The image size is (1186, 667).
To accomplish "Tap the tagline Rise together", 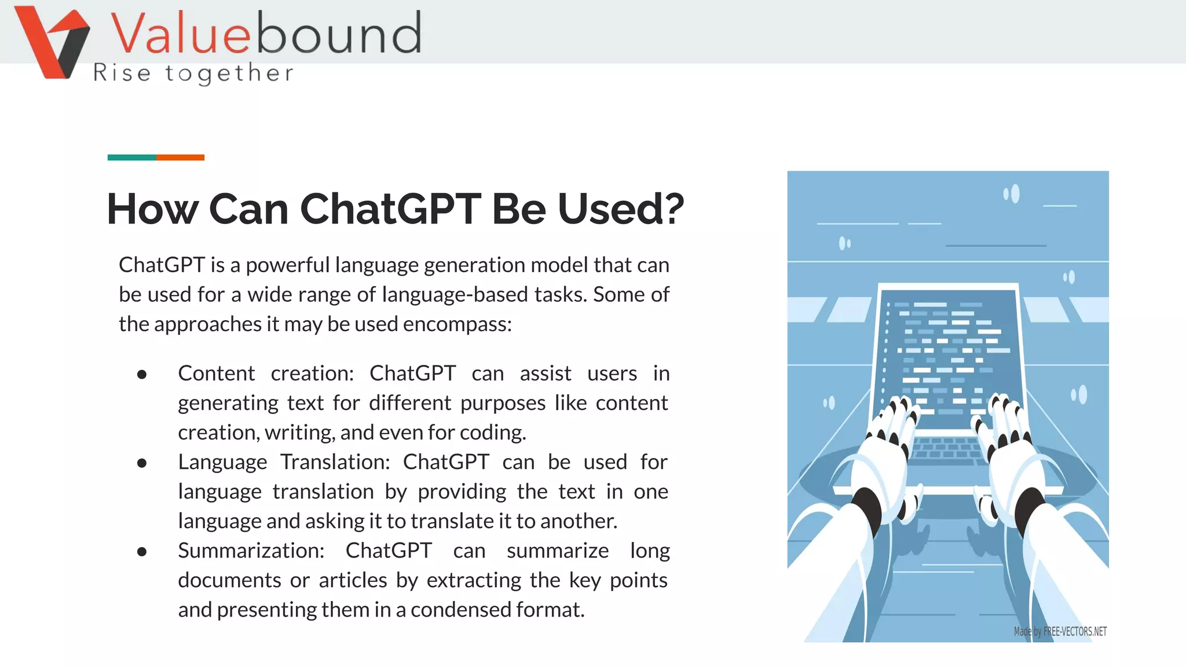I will point(193,74).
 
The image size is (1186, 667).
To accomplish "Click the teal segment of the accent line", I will point(131,157).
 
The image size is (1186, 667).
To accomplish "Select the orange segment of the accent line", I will point(180,157).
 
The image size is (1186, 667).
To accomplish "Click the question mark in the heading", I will point(672,209).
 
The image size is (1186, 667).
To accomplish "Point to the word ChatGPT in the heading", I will point(390,209).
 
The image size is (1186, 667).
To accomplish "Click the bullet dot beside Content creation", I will point(142,375).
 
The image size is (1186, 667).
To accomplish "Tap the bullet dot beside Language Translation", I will point(142,463).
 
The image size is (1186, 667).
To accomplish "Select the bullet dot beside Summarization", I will point(142,552).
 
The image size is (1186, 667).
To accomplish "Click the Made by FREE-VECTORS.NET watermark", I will point(1060,631).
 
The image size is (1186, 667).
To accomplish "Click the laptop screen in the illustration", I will point(947,353).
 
